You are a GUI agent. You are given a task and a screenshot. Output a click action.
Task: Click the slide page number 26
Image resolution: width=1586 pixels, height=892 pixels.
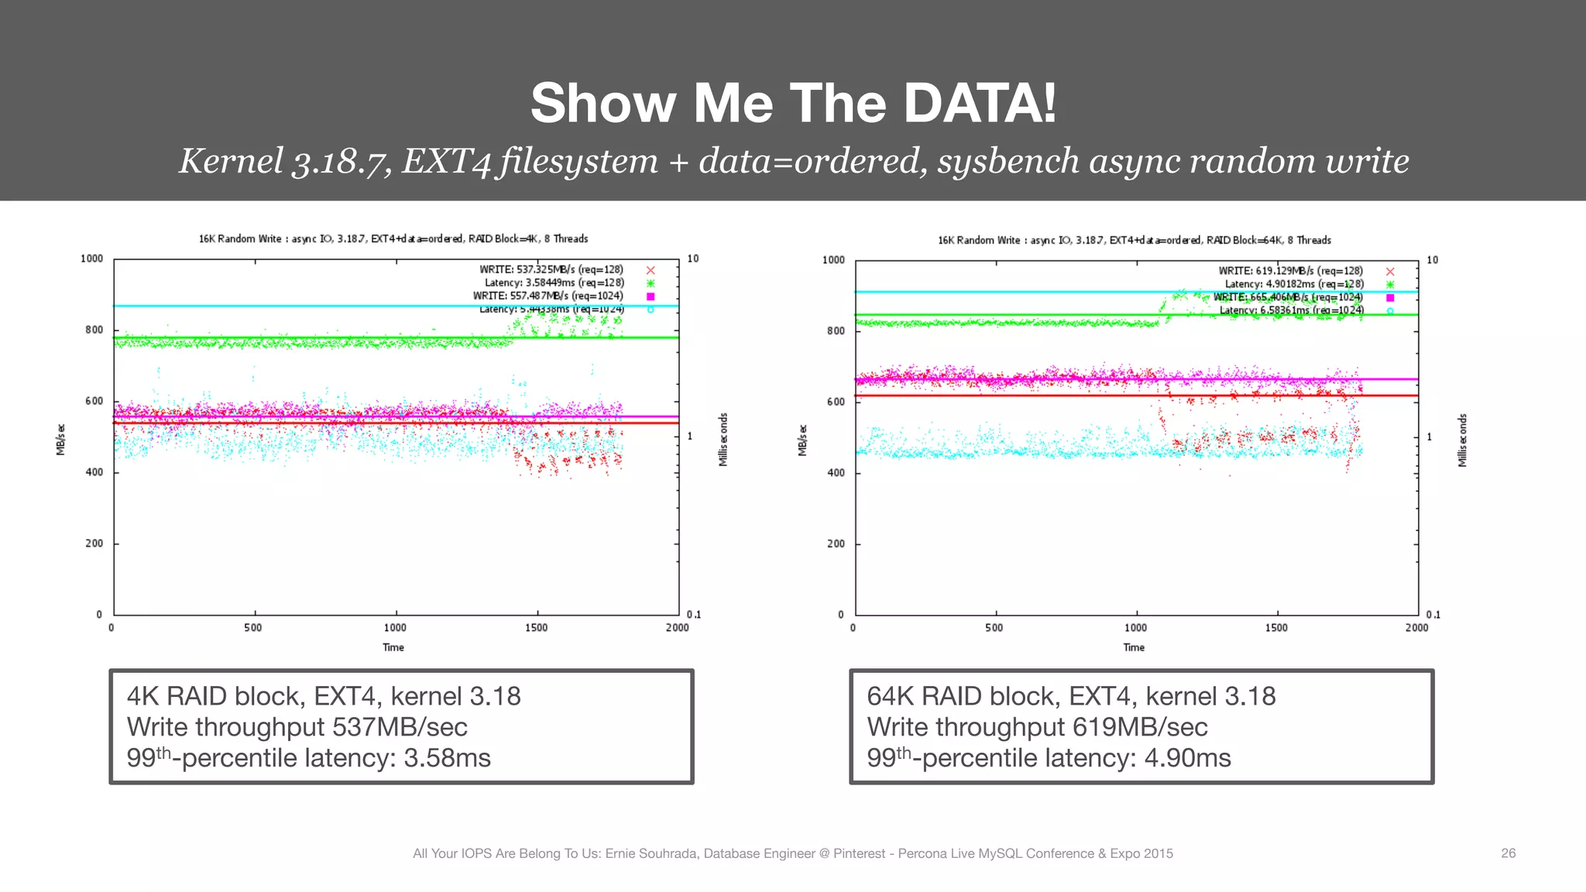tap(1508, 853)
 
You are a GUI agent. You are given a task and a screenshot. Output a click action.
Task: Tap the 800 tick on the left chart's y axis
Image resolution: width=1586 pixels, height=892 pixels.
tap(94, 330)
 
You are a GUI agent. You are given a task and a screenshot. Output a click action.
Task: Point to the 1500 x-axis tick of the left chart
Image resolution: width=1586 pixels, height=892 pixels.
tap(536, 628)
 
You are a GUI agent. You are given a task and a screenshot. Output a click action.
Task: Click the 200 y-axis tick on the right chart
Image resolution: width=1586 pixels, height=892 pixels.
tap(836, 544)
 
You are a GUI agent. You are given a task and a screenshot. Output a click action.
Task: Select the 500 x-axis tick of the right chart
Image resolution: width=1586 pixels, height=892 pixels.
tap(994, 628)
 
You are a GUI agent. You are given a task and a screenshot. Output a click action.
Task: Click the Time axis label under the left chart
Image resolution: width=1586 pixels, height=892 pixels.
tap(393, 647)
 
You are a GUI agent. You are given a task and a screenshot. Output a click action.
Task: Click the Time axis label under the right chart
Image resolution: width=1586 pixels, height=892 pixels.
tap(1134, 647)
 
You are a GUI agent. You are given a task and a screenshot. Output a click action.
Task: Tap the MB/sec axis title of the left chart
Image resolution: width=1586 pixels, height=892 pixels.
tap(60, 439)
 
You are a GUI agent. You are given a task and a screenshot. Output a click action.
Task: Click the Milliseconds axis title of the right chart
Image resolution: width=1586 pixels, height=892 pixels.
tap(1462, 440)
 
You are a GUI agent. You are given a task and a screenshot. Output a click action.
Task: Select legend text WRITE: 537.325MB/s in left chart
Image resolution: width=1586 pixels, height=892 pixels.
tap(551, 269)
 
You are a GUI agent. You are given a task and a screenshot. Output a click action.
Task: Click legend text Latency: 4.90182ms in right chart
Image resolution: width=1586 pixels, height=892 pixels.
tap(1294, 284)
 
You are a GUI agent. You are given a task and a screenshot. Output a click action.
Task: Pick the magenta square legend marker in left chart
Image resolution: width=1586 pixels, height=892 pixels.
tap(651, 297)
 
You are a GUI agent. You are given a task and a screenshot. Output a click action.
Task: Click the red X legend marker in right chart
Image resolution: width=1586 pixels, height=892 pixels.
tap(1390, 272)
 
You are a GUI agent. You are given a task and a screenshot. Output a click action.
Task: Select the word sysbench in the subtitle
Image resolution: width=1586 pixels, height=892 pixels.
tap(1008, 161)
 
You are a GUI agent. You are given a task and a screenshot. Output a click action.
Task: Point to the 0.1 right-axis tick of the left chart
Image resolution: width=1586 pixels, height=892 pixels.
tap(694, 615)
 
